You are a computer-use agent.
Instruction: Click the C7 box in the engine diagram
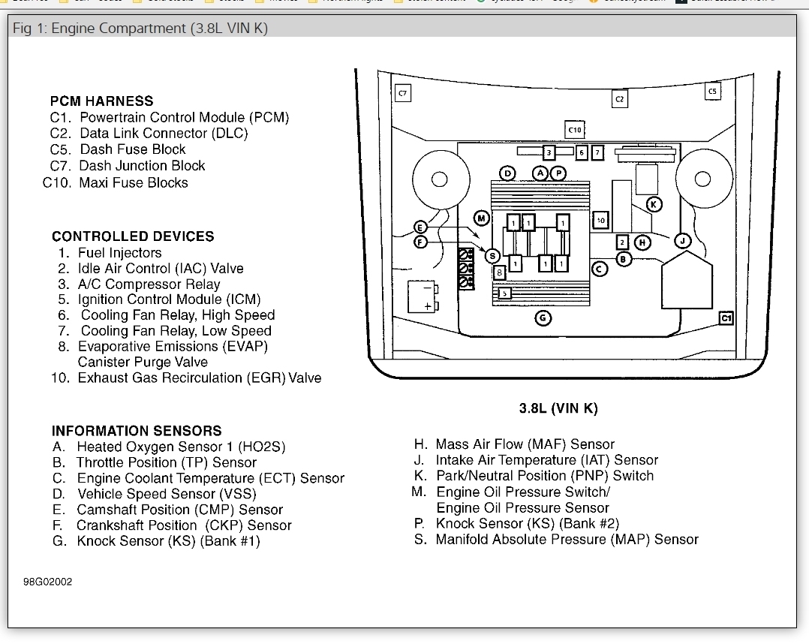(x=403, y=93)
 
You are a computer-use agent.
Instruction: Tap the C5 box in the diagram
(x=712, y=91)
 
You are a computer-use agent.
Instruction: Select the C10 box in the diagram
(x=574, y=130)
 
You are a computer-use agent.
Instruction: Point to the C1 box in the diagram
(x=726, y=318)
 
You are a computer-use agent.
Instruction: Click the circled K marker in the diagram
(x=654, y=204)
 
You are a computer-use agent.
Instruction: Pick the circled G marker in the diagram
(x=543, y=318)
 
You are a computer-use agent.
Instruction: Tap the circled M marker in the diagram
(x=482, y=218)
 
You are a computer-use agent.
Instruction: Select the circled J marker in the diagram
(x=682, y=240)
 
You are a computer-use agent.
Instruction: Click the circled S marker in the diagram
(x=493, y=256)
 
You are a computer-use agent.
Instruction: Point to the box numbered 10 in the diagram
(x=600, y=221)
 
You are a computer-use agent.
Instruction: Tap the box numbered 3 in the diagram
(x=549, y=153)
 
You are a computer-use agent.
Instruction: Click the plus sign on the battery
(x=428, y=306)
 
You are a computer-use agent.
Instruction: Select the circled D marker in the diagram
(x=507, y=173)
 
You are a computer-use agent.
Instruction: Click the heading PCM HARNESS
(x=101, y=101)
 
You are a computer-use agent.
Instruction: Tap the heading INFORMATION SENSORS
(x=137, y=431)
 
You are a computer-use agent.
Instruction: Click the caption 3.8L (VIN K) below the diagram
(x=558, y=408)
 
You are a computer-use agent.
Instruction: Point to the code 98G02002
(x=48, y=582)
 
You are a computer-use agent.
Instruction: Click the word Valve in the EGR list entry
(x=305, y=378)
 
